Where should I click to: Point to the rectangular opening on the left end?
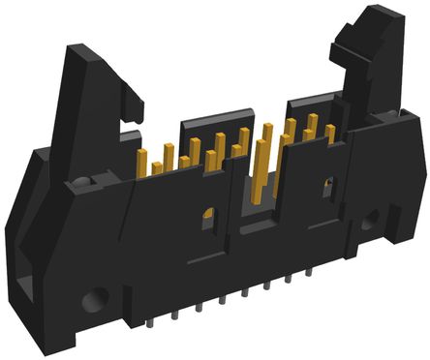[x=23, y=286]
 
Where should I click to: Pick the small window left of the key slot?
[x=207, y=220]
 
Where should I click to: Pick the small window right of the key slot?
[x=326, y=187]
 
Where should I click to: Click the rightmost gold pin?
[x=330, y=134]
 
